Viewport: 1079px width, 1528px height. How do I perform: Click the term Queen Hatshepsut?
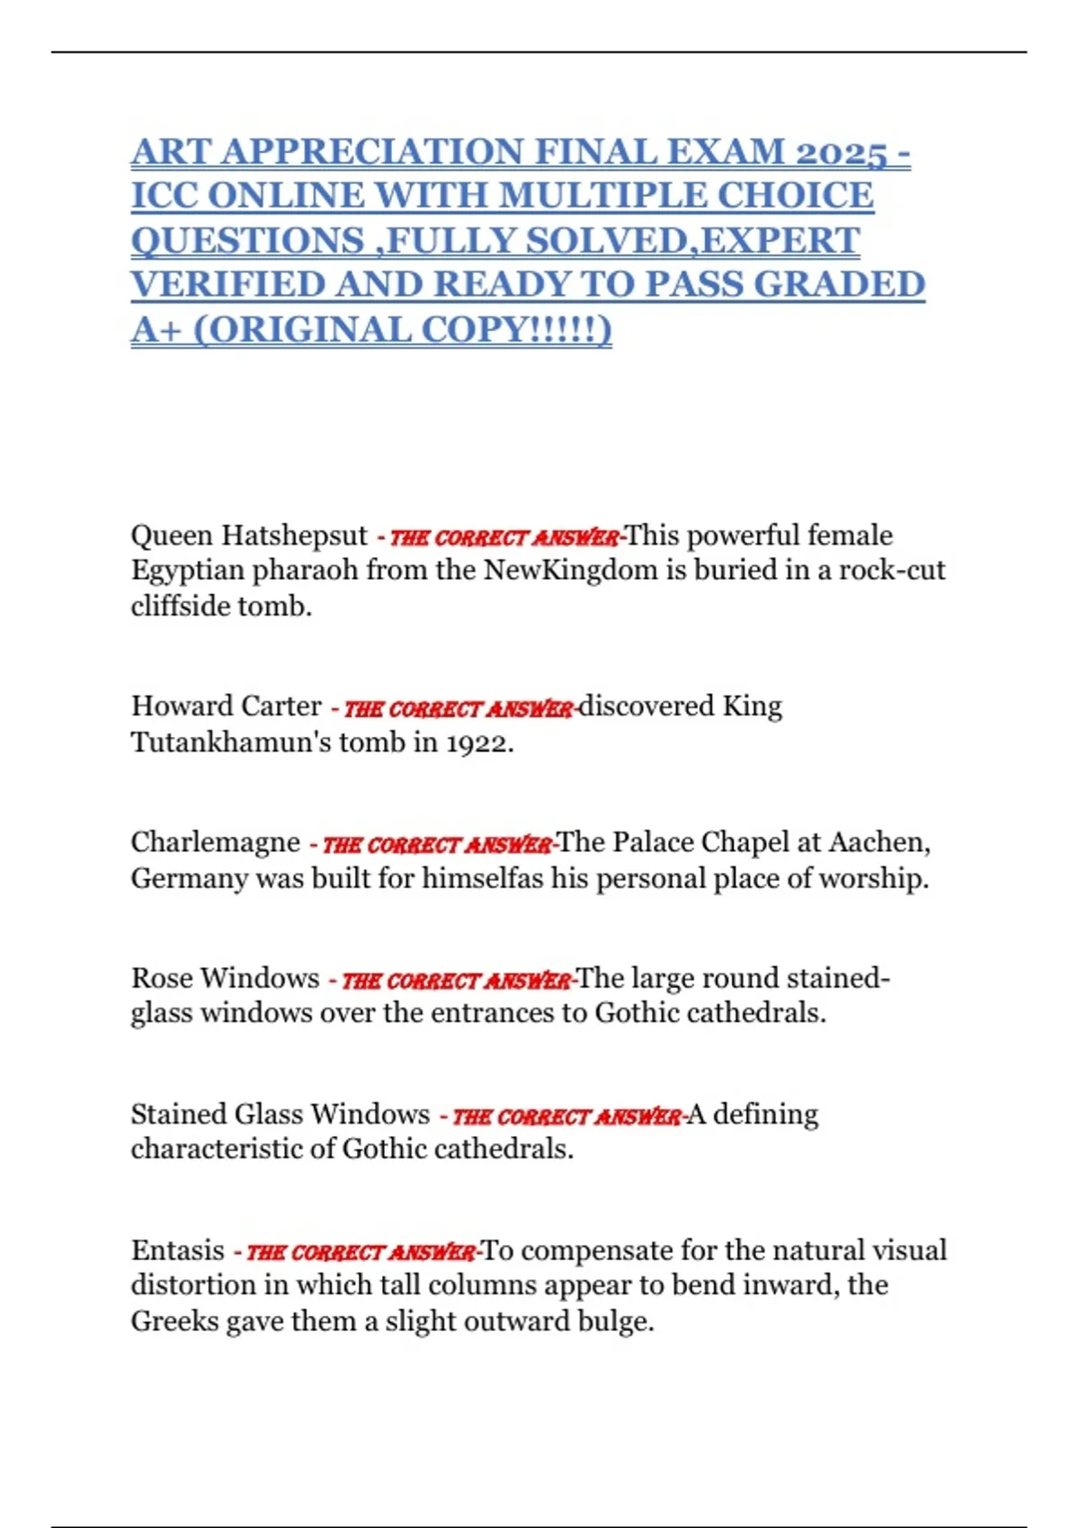(x=249, y=536)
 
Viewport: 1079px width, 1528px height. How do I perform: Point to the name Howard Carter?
(x=226, y=706)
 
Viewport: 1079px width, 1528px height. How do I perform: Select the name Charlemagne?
(x=215, y=842)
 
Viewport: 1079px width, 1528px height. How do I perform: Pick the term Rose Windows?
(x=225, y=978)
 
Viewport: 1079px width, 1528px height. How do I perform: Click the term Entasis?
(x=177, y=1250)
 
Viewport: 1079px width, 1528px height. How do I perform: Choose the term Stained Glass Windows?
(x=280, y=1115)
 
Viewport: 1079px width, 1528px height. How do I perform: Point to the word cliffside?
(x=180, y=607)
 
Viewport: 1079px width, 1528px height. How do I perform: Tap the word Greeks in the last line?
(x=172, y=1321)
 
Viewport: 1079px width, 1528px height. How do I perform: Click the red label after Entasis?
(x=361, y=1252)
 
